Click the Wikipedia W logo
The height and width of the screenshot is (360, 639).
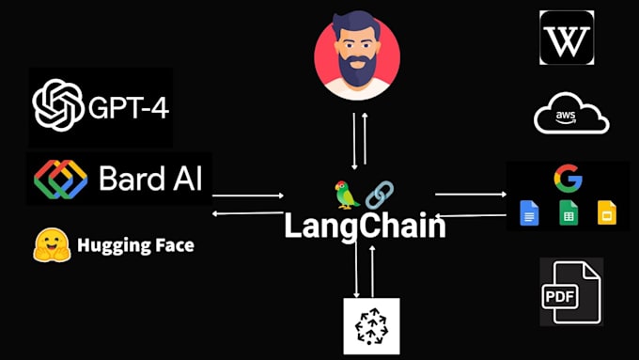566,38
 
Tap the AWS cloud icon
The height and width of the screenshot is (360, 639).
571,117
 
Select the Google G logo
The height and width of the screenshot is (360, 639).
567,178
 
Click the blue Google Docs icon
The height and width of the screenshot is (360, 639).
529,213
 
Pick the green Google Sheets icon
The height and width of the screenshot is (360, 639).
568,213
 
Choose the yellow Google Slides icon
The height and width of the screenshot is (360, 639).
606,213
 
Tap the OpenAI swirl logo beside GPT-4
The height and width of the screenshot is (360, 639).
58,105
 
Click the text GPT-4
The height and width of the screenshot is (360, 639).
128,106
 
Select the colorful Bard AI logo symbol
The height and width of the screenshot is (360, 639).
61,179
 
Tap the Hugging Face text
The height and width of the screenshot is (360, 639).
135,246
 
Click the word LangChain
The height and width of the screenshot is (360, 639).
366,226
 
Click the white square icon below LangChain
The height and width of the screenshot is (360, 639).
371,326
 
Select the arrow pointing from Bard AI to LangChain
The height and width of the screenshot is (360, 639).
248,196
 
